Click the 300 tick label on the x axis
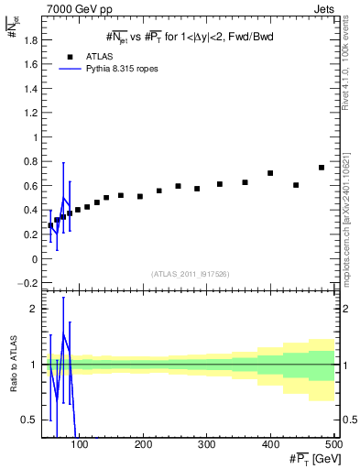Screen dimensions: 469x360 tap(206, 445)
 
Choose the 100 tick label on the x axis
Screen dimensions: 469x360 tap(80, 445)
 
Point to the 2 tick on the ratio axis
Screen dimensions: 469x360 tap(34, 309)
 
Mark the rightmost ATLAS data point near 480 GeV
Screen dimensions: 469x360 tap(322, 168)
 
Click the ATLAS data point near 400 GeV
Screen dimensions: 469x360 tap(270, 173)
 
